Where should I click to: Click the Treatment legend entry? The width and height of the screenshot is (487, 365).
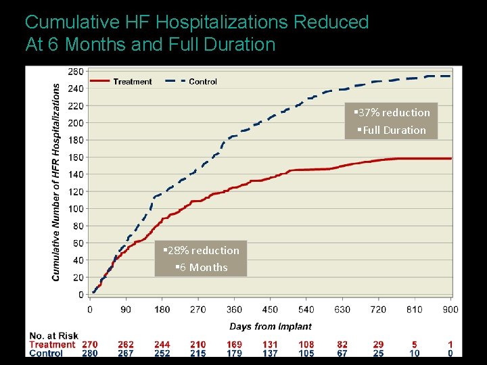click(x=133, y=82)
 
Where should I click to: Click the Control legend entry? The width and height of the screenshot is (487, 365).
click(x=202, y=82)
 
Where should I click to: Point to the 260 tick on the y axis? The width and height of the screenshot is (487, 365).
click(x=76, y=71)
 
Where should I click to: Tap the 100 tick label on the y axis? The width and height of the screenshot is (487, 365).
click(x=76, y=209)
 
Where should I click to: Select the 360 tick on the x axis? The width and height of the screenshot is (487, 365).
click(x=234, y=310)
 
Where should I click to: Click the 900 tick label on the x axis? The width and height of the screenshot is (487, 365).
click(x=450, y=310)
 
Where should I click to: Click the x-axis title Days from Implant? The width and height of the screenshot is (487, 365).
click(x=270, y=326)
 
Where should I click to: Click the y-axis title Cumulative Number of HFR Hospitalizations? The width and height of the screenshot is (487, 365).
click(x=56, y=182)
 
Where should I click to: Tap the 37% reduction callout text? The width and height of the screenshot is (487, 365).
click(x=392, y=113)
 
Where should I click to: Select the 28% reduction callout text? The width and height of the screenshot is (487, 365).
click(x=201, y=251)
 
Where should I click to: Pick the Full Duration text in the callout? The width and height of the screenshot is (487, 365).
click(x=392, y=130)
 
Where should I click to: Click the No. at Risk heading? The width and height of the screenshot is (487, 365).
click(x=53, y=336)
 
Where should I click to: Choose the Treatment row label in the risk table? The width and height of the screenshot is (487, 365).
click(x=53, y=345)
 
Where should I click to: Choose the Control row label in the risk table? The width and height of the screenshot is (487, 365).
click(x=47, y=353)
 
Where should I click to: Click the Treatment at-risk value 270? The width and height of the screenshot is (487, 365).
click(x=89, y=345)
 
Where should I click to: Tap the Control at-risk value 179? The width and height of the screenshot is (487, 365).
click(x=234, y=353)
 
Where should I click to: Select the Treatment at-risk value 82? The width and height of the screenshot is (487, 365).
click(x=342, y=345)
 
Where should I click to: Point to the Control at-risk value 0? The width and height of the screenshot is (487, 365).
click(x=450, y=353)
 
